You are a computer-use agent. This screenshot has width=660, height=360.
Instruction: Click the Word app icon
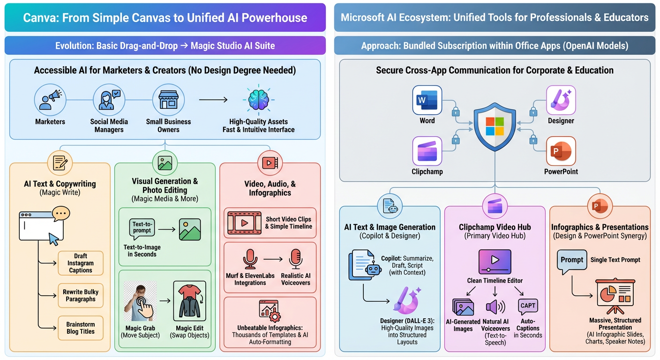[x=427, y=100]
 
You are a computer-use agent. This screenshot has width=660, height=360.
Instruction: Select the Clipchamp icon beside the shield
[x=427, y=151]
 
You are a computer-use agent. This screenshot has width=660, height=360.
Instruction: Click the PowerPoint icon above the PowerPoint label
[x=561, y=151]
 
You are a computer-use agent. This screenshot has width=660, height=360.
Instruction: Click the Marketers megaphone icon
[x=50, y=100]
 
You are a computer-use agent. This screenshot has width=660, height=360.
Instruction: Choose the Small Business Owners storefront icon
[x=168, y=100]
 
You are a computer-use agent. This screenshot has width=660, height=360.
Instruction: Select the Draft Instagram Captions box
[x=81, y=263]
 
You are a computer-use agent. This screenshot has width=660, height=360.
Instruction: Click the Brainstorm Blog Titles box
[x=81, y=328]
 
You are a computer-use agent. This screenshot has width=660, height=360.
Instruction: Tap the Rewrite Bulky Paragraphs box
[x=81, y=296]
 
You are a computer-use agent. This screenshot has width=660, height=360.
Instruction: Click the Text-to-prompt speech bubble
[x=142, y=228]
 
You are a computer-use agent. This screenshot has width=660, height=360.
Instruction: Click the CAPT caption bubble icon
[x=528, y=306]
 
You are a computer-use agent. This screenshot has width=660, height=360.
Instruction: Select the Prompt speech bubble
[x=571, y=261]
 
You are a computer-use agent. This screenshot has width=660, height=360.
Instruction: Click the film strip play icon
[x=244, y=223]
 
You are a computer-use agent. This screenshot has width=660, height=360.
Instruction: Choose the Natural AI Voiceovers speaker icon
[x=495, y=307]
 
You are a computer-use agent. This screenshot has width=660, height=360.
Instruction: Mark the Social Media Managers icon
[x=109, y=100]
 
